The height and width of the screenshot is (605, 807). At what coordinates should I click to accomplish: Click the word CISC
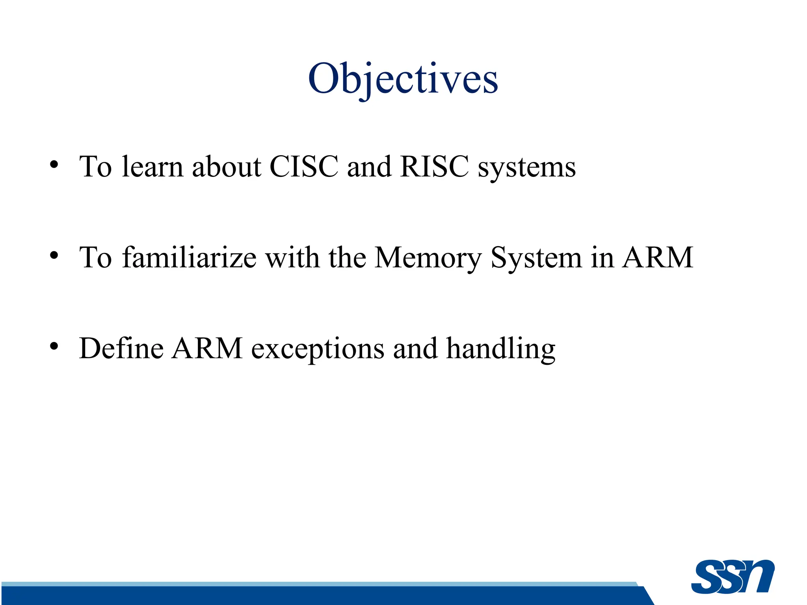(x=304, y=167)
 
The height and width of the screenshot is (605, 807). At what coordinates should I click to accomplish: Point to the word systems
(x=526, y=169)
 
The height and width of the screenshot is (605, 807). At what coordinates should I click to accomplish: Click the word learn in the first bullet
(x=152, y=167)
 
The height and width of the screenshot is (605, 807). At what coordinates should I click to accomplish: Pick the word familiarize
(x=189, y=258)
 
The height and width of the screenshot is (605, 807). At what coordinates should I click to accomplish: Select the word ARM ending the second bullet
(x=657, y=258)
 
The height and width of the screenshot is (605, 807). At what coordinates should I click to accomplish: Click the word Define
(x=121, y=348)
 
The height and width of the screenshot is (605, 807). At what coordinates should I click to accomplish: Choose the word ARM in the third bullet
(x=207, y=348)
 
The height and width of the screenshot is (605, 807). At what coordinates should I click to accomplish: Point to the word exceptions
(x=318, y=350)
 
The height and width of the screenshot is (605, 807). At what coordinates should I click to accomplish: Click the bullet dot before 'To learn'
(x=54, y=165)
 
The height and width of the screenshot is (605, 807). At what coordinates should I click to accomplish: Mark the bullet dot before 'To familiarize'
(x=54, y=256)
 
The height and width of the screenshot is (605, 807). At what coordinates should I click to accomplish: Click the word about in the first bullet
(x=226, y=167)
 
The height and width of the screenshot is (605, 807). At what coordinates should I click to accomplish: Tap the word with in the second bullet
(x=292, y=258)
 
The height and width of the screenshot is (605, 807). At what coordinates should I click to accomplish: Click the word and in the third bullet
(x=415, y=348)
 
